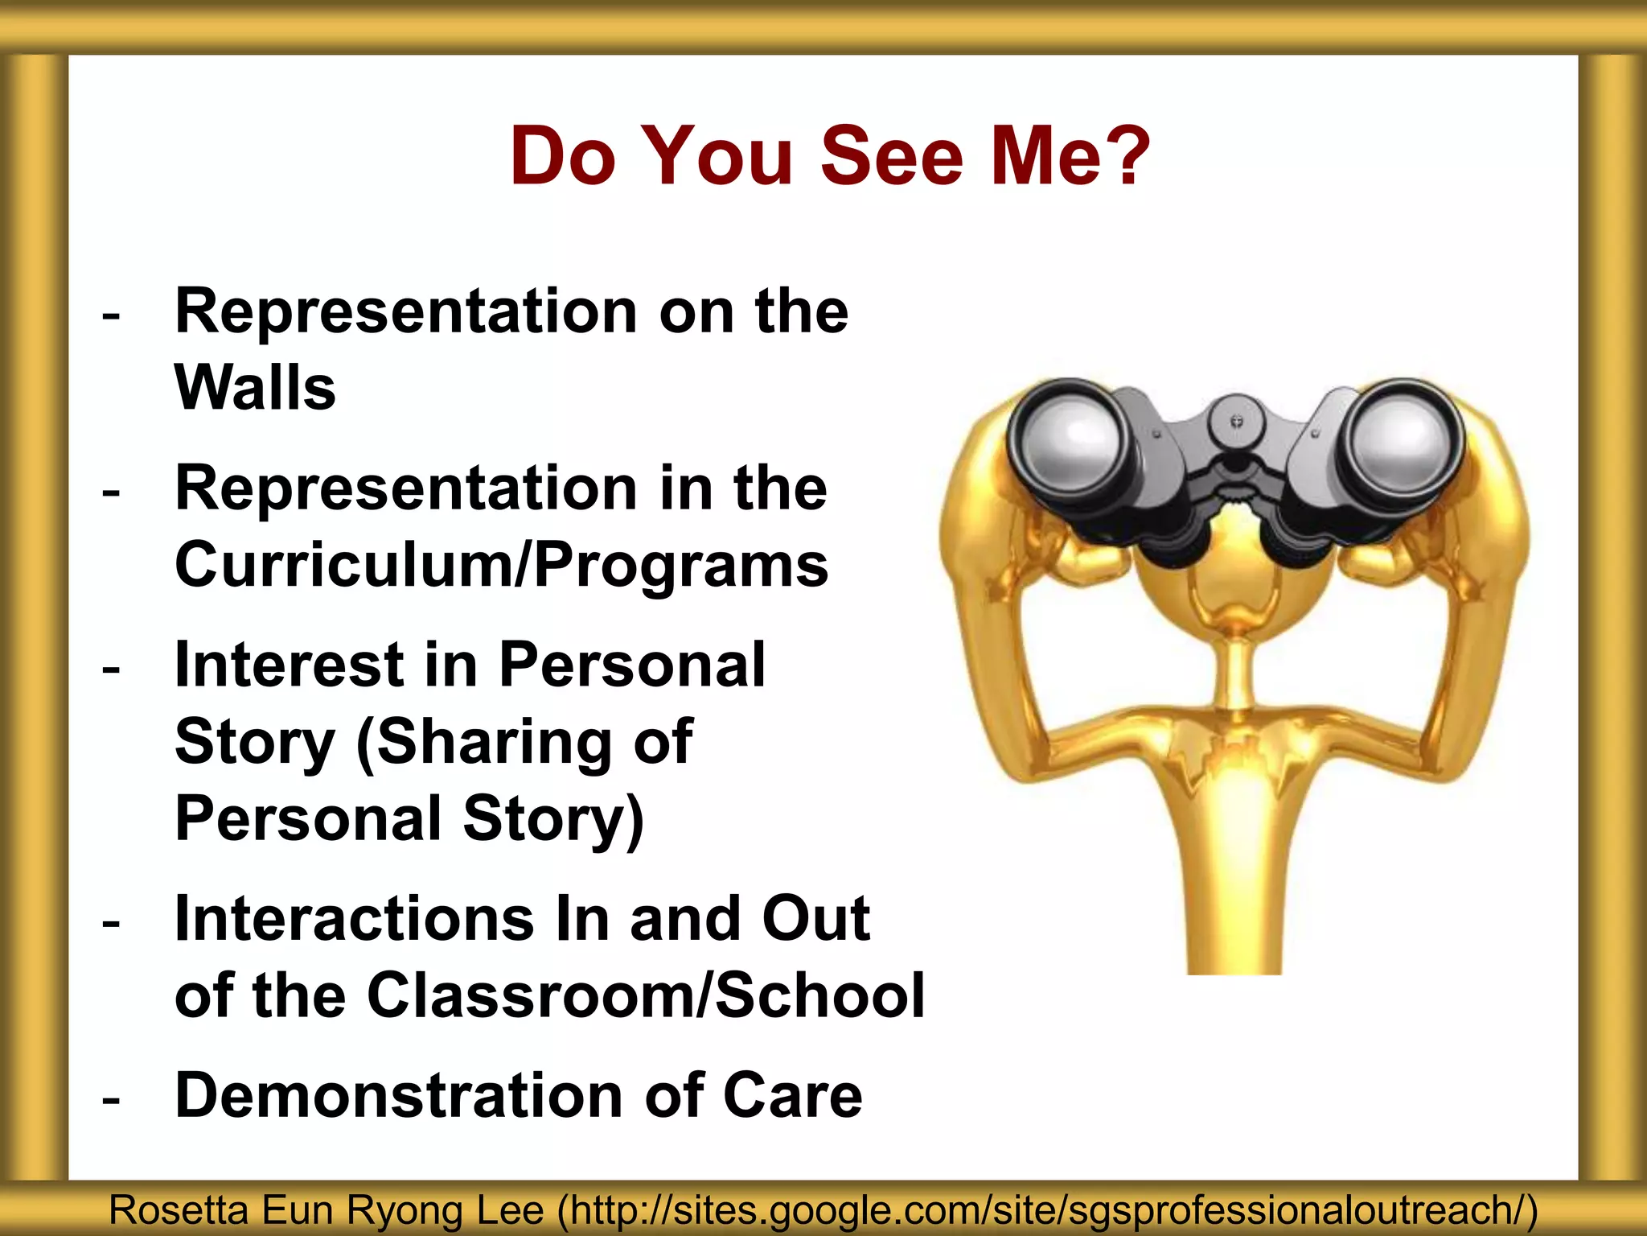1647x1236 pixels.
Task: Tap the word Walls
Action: [x=255, y=388]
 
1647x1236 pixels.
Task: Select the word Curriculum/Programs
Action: [x=501, y=566]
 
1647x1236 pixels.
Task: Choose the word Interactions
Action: [x=354, y=918]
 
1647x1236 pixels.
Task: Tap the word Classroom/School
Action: [x=645, y=995]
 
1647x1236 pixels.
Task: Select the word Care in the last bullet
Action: [x=792, y=1096]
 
